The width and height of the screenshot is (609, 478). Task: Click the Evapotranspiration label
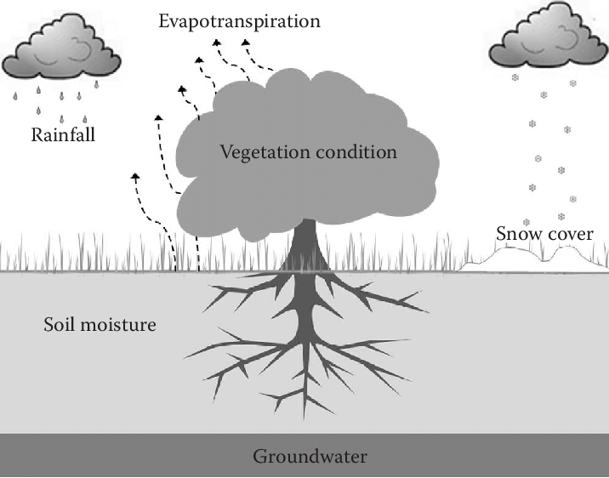(x=240, y=20)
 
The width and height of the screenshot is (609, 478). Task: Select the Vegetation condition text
(x=308, y=153)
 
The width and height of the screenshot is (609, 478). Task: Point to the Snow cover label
(x=545, y=233)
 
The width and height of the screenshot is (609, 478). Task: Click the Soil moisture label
(x=100, y=324)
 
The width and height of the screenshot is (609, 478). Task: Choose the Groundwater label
(x=310, y=457)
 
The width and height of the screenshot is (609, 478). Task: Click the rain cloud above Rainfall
(x=60, y=55)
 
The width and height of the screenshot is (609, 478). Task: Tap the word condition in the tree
(x=361, y=153)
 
